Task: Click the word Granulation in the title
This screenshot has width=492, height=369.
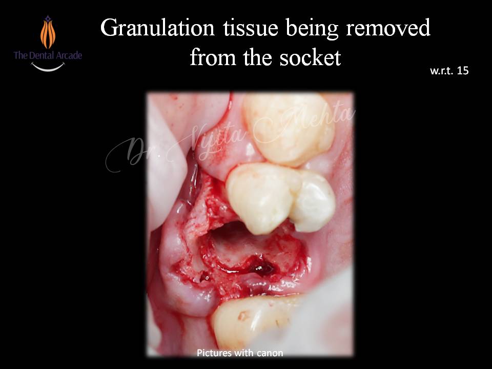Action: pyautogui.click(x=157, y=28)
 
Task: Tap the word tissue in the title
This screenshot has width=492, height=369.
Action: pyautogui.click(x=251, y=28)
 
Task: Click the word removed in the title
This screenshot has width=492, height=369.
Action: pyautogui.click(x=388, y=28)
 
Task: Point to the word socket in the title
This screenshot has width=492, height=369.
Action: pyautogui.click(x=310, y=57)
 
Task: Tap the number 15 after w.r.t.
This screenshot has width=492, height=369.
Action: pyautogui.click(x=462, y=71)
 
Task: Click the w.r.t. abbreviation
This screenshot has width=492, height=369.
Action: pyautogui.click(x=441, y=71)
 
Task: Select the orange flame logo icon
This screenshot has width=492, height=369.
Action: pyautogui.click(x=48, y=32)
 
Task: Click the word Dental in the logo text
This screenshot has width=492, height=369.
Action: pyautogui.click(x=40, y=55)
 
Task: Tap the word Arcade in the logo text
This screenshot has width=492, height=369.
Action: pyautogui.click(x=68, y=55)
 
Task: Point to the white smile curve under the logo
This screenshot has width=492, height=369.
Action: pyautogui.click(x=48, y=67)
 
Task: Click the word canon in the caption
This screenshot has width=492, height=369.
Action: pyautogui.click(x=270, y=353)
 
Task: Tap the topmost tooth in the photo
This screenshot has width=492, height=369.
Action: pyautogui.click(x=289, y=129)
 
